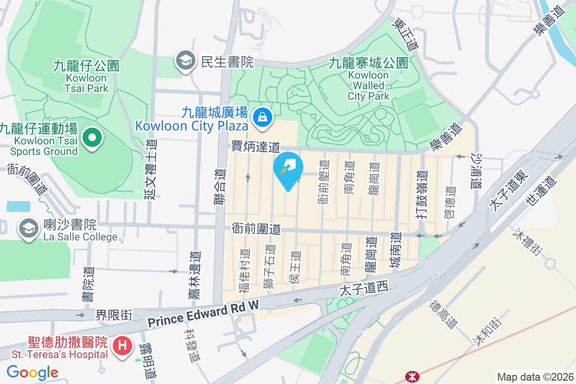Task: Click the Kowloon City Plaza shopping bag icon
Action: tap(263, 117)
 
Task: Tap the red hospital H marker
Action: tap(122, 345)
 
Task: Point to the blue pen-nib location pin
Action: tap(288, 168)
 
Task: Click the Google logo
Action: tap(32, 372)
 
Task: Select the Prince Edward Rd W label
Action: tap(203, 316)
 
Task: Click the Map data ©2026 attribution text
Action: tap(535, 377)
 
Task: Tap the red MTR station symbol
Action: tap(411, 375)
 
